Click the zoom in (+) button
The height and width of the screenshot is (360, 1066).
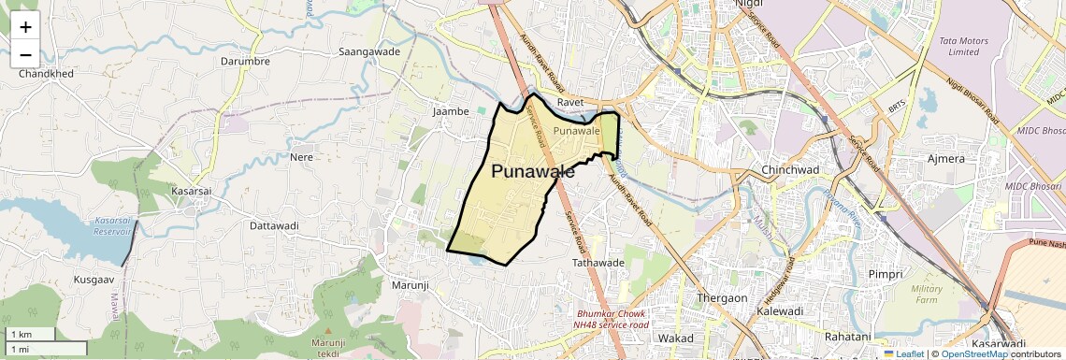coord(25,27)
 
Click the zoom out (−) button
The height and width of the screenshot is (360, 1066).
coord(25,55)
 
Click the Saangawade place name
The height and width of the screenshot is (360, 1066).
coord(369,51)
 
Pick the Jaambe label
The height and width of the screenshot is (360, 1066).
coord(450,111)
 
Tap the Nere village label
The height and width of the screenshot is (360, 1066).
coord(301,156)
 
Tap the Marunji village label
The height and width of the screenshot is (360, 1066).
coord(409,284)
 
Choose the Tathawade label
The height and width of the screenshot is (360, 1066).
coord(598,263)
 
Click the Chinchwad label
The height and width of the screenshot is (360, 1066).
coord(790,170)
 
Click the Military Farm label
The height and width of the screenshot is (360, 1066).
coord(927,294)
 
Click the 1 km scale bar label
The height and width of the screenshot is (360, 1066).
coord(21,335)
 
